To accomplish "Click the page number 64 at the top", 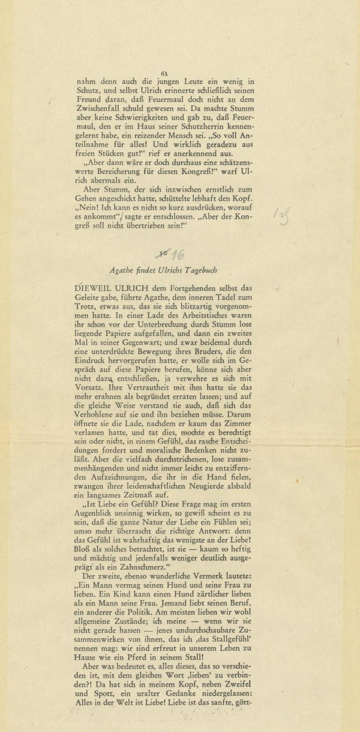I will pyautogui.click(x=164, y=74).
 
